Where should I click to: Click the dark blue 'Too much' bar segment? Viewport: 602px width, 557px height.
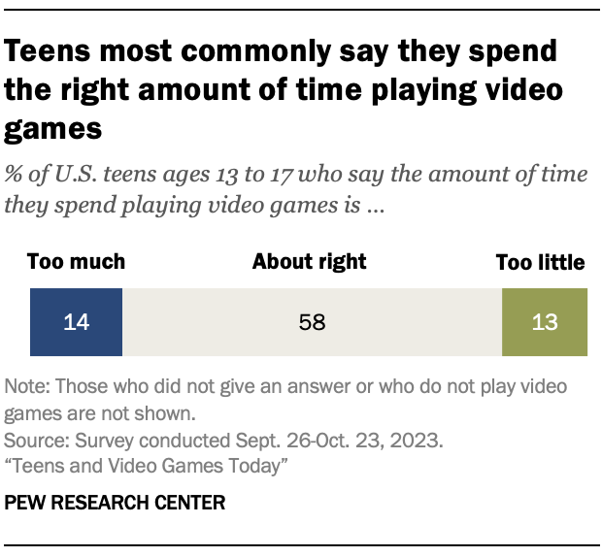76,322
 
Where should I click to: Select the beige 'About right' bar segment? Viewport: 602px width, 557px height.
312,322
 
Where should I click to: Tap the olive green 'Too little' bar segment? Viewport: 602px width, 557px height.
544,322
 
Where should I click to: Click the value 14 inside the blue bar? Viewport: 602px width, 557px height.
76,322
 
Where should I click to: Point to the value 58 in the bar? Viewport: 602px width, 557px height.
311,322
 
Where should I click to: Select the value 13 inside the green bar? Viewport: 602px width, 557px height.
545,322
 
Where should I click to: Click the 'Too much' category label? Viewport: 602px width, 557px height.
76,262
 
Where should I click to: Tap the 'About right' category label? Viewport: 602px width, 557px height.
310,262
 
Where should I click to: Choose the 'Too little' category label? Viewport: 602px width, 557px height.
540,262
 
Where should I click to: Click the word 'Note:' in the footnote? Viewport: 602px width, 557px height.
28,386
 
